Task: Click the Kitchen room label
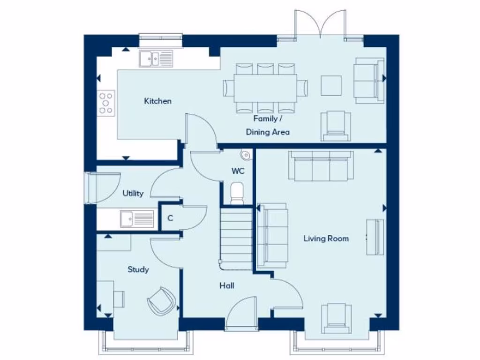coord(157,101)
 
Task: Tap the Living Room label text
coord(326,239)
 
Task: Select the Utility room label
coord(133,193)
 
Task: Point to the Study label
coord(138,270)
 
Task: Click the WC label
coord(238,171)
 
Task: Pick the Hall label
coord(227,285)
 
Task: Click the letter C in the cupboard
coord(170,218)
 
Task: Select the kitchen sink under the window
coord(156,59)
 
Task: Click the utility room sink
coord(136,218)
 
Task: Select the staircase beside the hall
coord(236,239)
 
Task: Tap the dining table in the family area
coord(266,88)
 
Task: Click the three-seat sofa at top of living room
coord(319,166)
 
